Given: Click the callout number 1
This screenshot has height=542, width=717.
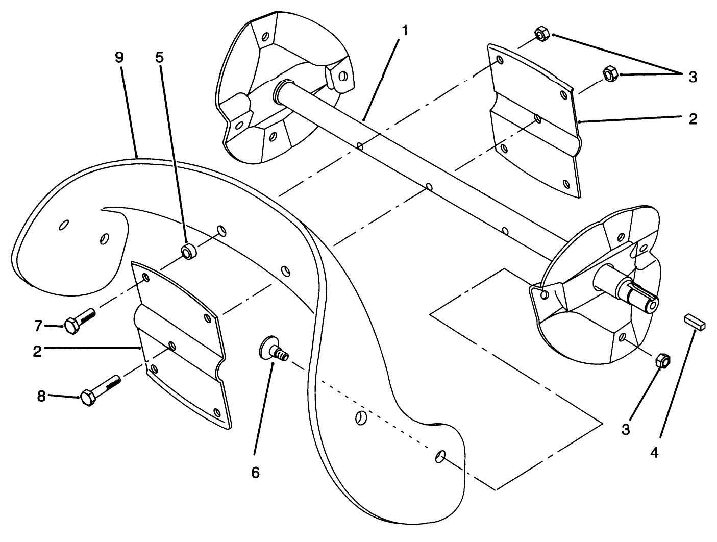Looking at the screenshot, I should tap(404, 31).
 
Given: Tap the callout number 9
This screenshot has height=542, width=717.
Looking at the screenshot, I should tap(119, 57).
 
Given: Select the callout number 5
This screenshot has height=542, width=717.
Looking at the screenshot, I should tap(160, 57).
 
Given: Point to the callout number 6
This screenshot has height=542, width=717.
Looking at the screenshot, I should tap(255, 472).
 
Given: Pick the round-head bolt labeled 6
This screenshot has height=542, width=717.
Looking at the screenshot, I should tap(273, 349).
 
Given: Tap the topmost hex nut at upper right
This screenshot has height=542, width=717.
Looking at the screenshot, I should tap(541, 35).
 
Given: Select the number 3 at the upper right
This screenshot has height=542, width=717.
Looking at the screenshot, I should tap(692, 77).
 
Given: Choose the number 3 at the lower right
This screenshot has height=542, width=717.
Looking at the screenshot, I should tap(625, 430).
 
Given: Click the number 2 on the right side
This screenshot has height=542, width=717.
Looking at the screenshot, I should tap(692, 119).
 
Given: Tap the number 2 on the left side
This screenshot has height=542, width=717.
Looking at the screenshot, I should tap(37, 351).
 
